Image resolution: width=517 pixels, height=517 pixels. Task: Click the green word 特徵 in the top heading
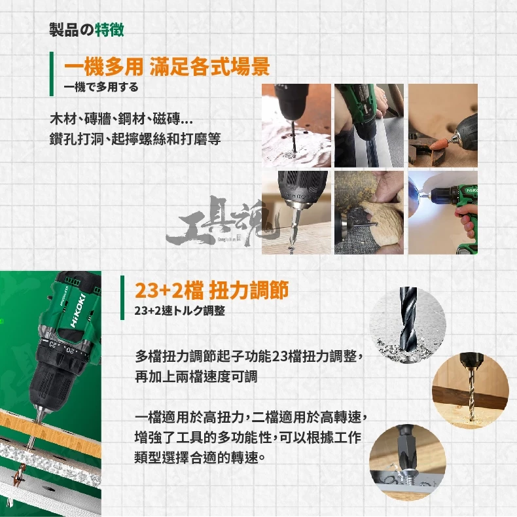pyautogui.click(x=109, y=29)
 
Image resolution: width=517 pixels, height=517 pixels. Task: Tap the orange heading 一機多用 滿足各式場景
pyautogui.click(x=167, y=66)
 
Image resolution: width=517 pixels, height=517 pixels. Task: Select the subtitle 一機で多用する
pyautogui.click(x=101, y=88)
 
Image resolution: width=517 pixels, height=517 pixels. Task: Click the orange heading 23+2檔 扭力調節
pyautogui.click(x=211, y=290)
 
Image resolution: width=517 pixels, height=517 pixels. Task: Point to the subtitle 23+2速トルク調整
pyautogui.click(x=180, y=311)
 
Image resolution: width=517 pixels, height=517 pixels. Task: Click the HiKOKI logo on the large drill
pyautogui.click(x=78, y=311)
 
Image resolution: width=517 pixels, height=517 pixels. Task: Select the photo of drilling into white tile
pyautogui.click(x=296, y=125)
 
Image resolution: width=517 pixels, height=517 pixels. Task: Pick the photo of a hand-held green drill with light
pyautogui.click(x=443, y=212)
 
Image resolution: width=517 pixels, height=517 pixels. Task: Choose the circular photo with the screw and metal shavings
pyautogui.click(x=408, y=463)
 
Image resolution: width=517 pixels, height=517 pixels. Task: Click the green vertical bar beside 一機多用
pyautogui.click(x=52, y=74)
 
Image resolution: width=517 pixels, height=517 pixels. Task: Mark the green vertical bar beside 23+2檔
pyautogui.click(x=122, y=298)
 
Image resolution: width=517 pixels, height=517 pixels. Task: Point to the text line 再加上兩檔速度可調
pyautogui.click(x=196, y=376)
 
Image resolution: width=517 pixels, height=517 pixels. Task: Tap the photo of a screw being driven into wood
pyautogui.click(x=296, y=212)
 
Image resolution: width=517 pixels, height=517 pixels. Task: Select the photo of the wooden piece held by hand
pyautogui.click(x=369, y=212)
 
